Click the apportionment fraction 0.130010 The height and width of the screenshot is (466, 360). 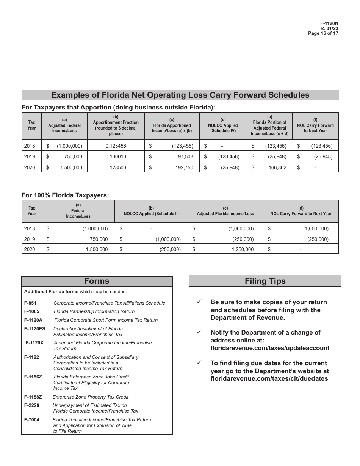pyautogui.click(x=116, y=156)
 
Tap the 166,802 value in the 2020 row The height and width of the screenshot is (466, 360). pyautogui.click(x=277, y=167)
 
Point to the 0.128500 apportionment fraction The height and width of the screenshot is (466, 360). pyautogui.click(x=116, y=167)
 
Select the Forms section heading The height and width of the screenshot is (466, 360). pyautogui.click(x=97, y=281)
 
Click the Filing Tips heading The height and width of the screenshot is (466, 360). pyautogui.click(x=265, y=281)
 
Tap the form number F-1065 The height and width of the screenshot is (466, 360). pyautogui.click(x=31, y=311)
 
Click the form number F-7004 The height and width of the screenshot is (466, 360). pyautogui.click(x=31, y=420)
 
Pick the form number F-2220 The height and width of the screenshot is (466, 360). pyautogui.click(x=31, y=405)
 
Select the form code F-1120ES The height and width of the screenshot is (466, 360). pyautogui.click(x=34, y=329)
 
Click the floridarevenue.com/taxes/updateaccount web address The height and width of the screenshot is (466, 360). pyautogui.click(x=270, y=348)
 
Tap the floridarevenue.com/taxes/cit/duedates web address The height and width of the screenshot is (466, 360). pyautogui.click(x=269, y=379)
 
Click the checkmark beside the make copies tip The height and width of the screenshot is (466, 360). pyautogui.click(x=199, y=302)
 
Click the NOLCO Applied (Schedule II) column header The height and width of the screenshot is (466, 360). pyautogui.click(x=151, y=214)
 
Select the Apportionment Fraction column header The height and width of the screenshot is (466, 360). pyautogui.click(x=116, y=125)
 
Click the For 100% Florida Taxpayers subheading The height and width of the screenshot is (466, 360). pyautogui.click(x=65, y=195)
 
